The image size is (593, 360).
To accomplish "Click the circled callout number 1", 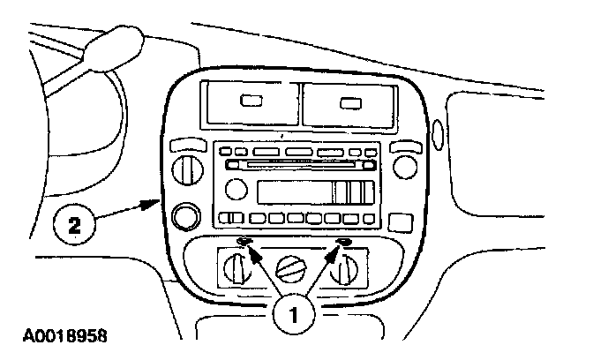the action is click(x=295, y=312).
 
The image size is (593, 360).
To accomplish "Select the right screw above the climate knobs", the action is click(x=345, y=244).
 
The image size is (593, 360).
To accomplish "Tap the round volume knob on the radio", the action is click(x=234, y=188).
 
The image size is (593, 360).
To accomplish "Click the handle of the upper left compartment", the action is click(x=251, y=101).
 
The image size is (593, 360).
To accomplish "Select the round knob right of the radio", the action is click(x=405, y=165).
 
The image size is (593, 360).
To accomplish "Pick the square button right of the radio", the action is click(x=400, y=221).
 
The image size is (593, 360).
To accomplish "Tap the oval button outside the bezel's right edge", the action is click(x=439, y=137).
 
